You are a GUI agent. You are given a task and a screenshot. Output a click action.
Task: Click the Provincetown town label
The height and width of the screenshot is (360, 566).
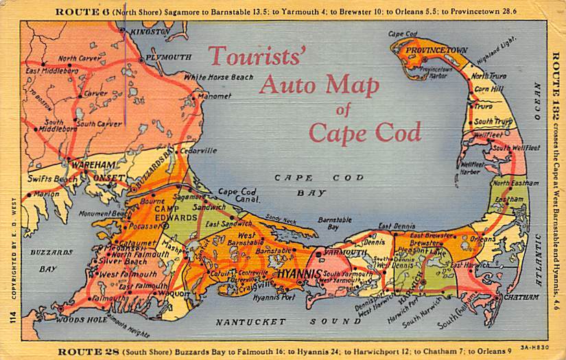point(436,51)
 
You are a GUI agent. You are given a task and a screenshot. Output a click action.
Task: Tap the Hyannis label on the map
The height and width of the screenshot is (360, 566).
point(299,274)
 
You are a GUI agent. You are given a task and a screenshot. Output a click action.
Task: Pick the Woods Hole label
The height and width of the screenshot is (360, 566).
point(71,320)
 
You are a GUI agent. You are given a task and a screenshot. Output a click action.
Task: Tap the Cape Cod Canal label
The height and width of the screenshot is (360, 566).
point(237,196)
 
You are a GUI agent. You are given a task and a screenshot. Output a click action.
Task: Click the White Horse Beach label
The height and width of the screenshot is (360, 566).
point(218,77)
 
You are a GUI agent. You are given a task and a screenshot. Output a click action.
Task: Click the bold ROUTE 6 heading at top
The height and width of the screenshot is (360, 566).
point(78,12)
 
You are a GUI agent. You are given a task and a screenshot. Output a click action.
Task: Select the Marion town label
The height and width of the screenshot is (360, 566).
point(46,194)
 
